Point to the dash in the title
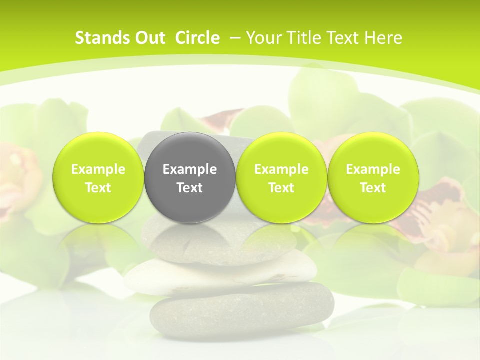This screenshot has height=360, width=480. click(235, 38)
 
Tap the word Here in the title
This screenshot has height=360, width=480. click(384, 38)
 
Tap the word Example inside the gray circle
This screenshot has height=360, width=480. click(190, 169)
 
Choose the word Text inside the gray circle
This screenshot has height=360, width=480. click(190, 188)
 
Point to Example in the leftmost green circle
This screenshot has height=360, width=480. click(98, 169)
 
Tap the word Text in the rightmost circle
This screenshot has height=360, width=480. click(373, 188)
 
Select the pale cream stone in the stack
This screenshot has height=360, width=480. click(220, 272)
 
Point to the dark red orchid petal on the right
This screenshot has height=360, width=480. click(440, 200)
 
